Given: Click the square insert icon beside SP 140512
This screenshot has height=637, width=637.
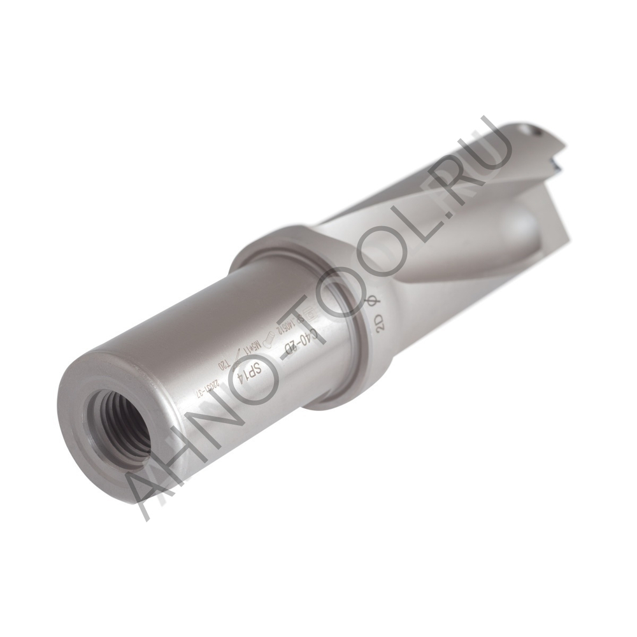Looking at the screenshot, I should coord(310,312).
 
